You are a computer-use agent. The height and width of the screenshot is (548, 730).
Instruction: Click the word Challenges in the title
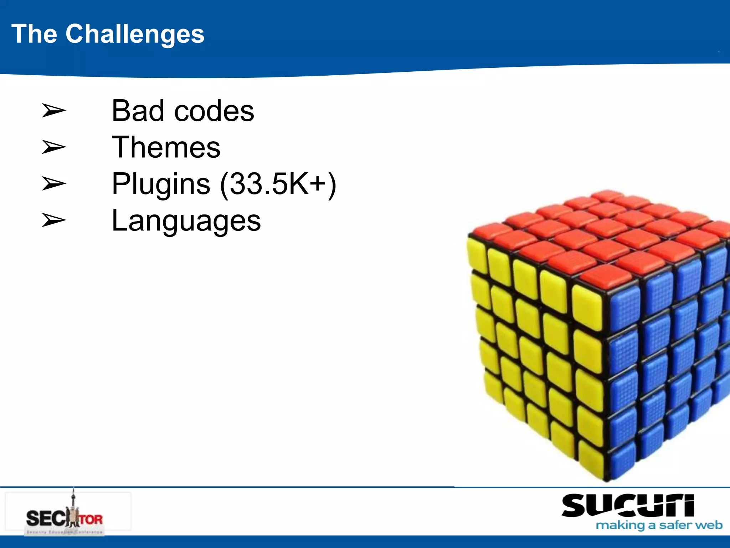point(135,34)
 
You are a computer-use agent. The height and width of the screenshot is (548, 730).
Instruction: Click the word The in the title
point(34,34)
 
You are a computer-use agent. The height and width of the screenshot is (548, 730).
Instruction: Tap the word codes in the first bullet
point(214,111)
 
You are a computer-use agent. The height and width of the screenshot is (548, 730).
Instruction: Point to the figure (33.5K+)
point(278,184)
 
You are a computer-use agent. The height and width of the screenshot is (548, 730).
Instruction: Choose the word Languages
point(186,221)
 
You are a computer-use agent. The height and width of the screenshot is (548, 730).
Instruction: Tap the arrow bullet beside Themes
point(53,147)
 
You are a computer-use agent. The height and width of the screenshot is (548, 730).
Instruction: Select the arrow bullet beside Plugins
point(53,184)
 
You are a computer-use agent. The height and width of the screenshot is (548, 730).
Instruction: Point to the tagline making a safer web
point(659,525)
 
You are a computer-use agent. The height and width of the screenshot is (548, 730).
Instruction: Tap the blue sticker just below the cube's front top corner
point(624,310)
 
